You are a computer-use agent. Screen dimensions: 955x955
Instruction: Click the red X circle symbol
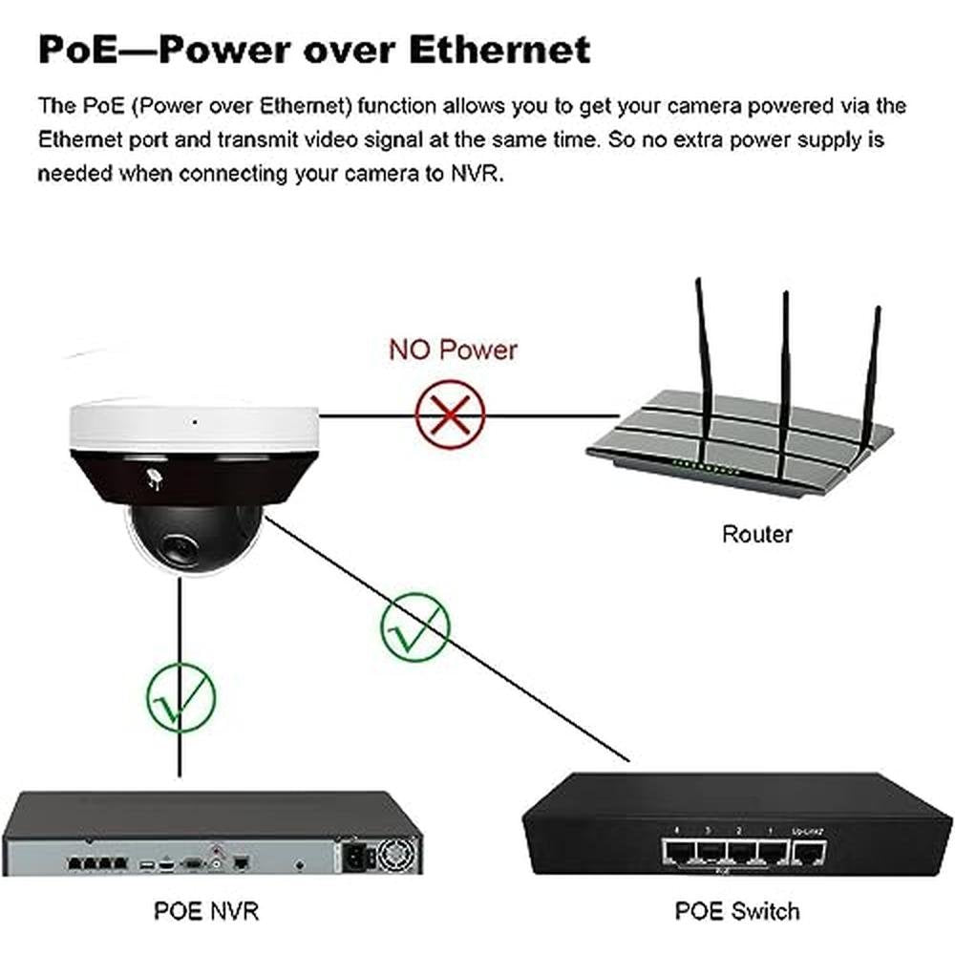(450, 414)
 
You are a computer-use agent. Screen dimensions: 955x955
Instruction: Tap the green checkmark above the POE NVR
(180, 697)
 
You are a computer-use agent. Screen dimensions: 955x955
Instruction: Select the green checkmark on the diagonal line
(414, 628)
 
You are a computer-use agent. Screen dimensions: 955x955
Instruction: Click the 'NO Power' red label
(453, 350)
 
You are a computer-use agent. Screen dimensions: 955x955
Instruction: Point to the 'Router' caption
(757, 534)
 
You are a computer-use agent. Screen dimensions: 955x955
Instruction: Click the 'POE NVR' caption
(206, 911)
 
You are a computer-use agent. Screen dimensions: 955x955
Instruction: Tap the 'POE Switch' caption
(737, 911)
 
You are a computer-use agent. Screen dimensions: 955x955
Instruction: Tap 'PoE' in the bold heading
(77, 50)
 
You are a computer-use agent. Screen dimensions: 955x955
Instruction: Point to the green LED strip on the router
(706, 468)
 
